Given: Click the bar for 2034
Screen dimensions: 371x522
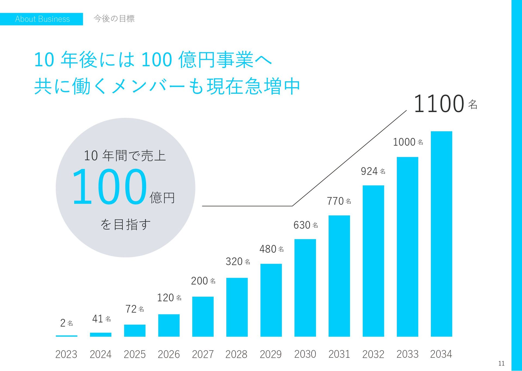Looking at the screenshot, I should click(x=441, y=234).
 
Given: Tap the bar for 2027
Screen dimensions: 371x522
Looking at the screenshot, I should click(x=203, y=316).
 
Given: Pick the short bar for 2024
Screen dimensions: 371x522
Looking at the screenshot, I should click(x=101, y=335).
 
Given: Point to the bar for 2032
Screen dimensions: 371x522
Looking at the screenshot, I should click(x=373, y=261).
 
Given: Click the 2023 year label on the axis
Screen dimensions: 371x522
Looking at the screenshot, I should click(x=66, y=354).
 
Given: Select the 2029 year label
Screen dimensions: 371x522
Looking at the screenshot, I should click(x=271, y=354).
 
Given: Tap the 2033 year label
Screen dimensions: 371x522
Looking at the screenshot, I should click(x=407, y=354).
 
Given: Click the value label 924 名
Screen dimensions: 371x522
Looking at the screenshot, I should click(x=373, y=171).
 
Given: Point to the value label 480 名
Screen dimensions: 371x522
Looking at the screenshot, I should click(x=271, y=249).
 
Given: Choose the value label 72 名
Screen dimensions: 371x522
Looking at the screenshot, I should click(x=135, y=309).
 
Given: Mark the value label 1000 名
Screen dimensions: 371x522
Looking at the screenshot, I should click(x=408, y=142).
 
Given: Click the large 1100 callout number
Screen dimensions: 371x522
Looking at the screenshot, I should click(x=439, y=104).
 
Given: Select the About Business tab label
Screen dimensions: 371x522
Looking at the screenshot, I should click(x=42, y=19).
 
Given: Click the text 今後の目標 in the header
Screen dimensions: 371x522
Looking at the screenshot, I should click(x=114, y=18).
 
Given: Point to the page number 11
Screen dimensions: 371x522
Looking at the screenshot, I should click(x=501, y=363).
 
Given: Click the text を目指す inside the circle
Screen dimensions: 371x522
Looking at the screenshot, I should click(x=125, y=225).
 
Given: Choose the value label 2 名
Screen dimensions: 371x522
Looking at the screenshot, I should click(x=66, y=323).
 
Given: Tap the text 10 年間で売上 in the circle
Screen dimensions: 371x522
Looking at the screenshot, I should click(x=125, y=156).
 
